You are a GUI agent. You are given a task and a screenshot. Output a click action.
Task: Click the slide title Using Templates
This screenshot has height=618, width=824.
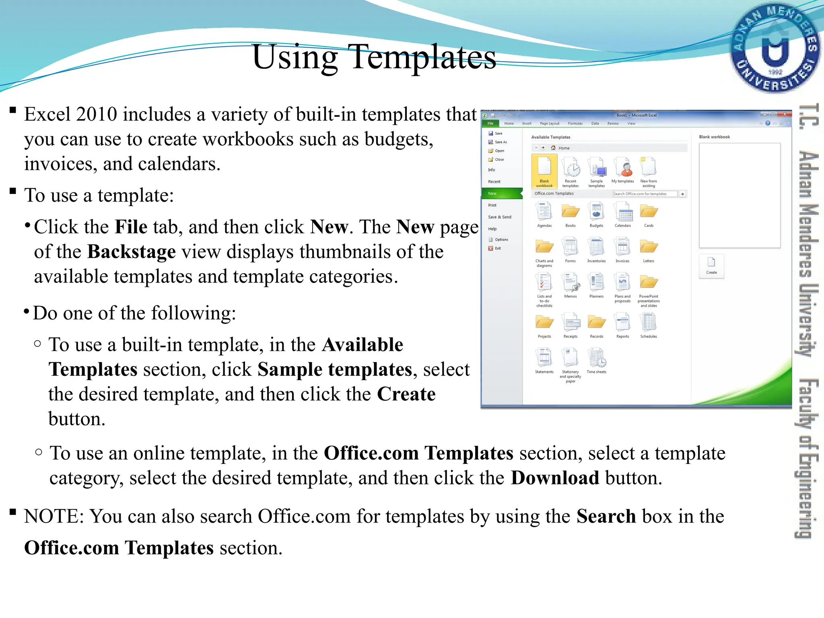coord(374,57)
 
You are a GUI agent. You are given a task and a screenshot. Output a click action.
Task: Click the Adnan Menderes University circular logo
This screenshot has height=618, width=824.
coord(775,48)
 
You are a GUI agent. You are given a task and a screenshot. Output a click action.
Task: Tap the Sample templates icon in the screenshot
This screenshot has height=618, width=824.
coord(596,168)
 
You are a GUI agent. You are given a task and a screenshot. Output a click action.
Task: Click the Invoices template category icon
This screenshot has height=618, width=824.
coord(622,247)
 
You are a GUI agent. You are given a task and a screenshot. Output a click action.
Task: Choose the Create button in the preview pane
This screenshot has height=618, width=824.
coord(711,266)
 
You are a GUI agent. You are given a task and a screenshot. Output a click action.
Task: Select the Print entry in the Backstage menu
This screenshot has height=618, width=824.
coord(492,205)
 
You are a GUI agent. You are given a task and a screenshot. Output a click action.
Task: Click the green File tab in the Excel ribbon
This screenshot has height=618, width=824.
coord(490,124)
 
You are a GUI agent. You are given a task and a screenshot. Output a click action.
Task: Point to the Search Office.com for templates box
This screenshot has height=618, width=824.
coord(645,194)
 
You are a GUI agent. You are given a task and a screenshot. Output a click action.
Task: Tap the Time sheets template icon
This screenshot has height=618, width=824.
coord(596,358)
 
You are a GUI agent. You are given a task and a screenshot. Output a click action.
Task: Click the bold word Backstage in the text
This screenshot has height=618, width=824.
coord(132,252)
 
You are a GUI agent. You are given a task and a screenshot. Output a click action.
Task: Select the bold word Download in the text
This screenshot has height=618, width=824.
coord(555,478)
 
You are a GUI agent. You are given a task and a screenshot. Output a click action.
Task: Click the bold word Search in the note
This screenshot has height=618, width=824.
coord(606,516)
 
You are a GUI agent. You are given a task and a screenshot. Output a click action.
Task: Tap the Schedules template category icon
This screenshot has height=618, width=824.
coord(649,323)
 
